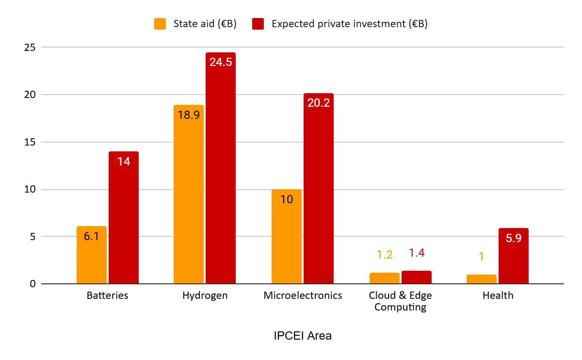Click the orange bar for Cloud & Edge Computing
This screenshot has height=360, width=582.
pos(384,278)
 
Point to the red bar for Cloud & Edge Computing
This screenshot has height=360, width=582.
pos(417,278)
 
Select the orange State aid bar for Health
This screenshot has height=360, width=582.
pos(482,279)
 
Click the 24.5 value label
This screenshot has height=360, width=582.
pos(221,62)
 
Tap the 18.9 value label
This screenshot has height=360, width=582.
pos(189,115)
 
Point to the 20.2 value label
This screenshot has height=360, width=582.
pos(319,103)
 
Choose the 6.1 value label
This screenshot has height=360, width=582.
pos(92,237)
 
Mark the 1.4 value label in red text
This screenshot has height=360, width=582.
pos(417,253)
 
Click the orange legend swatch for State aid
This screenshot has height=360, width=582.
pos(160,24)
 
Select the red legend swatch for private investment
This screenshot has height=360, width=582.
pos(258,24)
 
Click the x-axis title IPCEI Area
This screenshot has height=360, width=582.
pos(303,336)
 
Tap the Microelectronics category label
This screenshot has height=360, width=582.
pos(303,295)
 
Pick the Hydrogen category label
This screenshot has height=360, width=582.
pos(205,295)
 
